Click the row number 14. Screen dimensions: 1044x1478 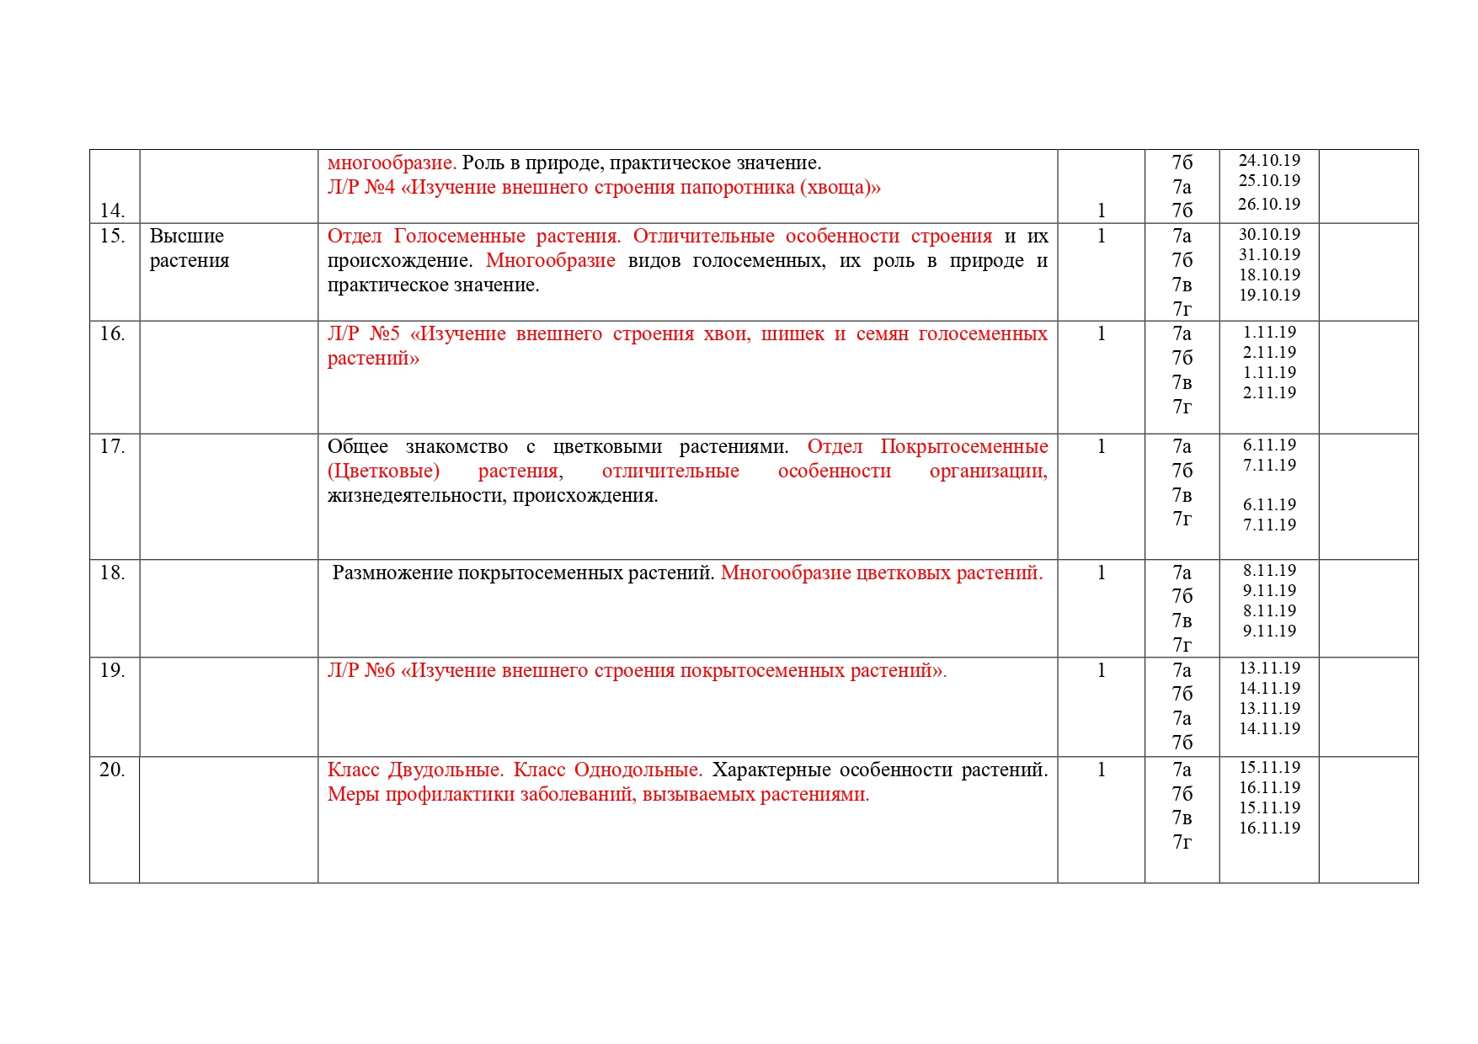112,210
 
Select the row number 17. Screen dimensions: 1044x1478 112,446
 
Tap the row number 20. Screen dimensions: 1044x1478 112,770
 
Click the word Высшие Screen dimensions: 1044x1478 187,236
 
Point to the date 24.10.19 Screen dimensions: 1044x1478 1269,160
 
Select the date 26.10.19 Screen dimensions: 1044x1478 1269,204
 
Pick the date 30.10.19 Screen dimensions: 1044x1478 1269,234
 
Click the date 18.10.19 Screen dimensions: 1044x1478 1269,274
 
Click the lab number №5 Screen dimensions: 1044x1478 384,333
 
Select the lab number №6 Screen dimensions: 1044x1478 379,670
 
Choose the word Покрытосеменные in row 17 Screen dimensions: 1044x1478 963,446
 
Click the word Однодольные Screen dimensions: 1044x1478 638,770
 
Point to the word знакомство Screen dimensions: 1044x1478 456,446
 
